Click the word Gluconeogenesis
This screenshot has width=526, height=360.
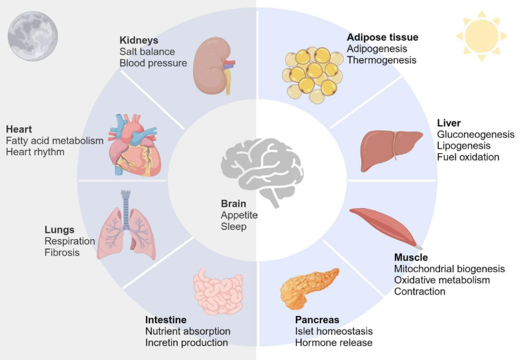pyautogui.click(x=476, y=134)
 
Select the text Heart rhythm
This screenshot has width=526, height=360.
pyautogui.click(x=36, y=152)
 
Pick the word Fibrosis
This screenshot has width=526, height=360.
pyautogui.click(x=62, y=253)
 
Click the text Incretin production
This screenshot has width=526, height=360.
pyautogui.click(x=186, y=343)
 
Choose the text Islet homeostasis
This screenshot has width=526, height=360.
pyautogui.click(x=333, y=332)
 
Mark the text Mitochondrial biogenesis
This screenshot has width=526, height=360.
pyautogui.click(x=449, y=269)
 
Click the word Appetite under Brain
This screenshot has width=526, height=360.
pyautogui.click(x=239, y=215)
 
